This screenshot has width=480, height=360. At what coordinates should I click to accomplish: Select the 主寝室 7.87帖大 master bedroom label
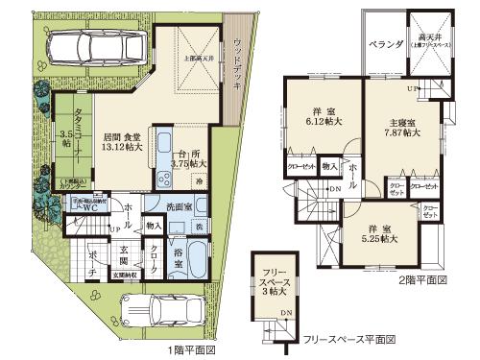point(401,129)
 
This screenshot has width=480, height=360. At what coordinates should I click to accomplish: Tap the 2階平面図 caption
point(423,280)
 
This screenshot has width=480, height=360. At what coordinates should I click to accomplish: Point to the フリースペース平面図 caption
point(349,339)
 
